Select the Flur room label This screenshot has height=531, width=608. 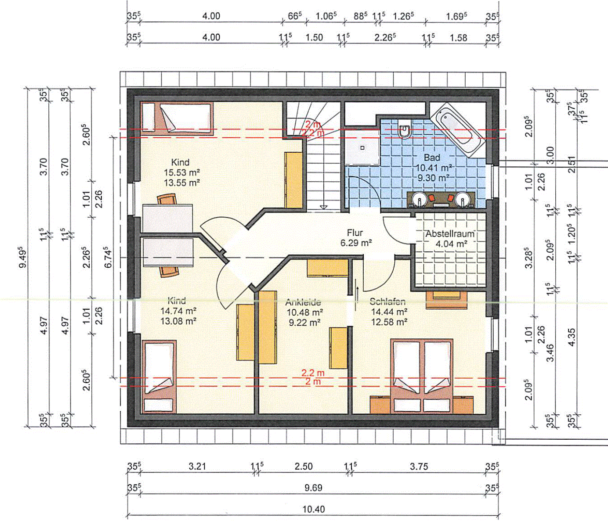(355, 233)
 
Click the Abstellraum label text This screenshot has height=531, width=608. (450, 234)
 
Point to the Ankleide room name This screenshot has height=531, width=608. (303, 302)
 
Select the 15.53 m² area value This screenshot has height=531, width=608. (181, 172)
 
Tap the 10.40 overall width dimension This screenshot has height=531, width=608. (314, 509)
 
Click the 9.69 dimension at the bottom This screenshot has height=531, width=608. (314, 488)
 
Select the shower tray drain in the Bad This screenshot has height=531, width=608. (362, 147)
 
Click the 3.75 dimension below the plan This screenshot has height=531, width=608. (419, 466)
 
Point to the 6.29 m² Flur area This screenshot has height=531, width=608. (356, 243)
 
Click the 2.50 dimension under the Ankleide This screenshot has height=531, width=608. (304, 466)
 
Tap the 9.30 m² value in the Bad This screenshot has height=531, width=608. (433, 178)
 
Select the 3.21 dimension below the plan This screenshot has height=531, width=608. (197, 466)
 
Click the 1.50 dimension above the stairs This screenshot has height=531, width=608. (315, 37)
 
